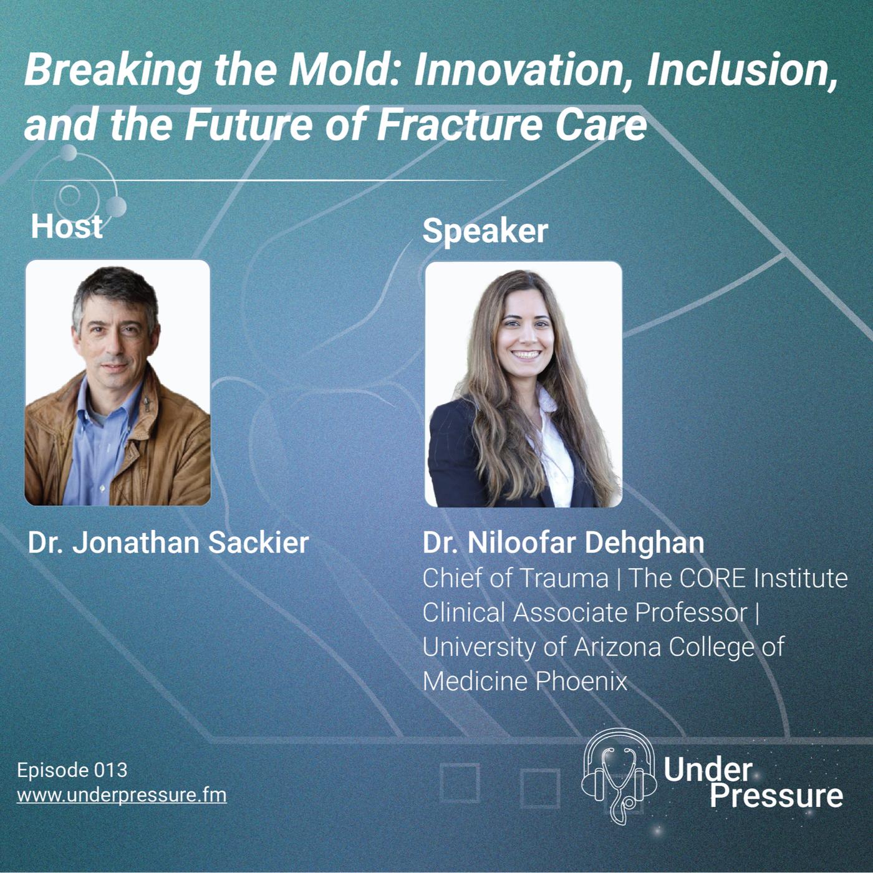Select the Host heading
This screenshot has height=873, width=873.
pos(67,226)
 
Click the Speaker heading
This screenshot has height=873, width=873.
pos(485,231)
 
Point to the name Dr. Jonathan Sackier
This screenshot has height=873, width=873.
pos(168,543)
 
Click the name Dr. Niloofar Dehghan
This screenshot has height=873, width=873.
pos(563,543)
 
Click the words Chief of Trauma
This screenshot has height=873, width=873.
pos(515,579)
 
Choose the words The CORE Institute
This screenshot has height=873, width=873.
pos(738,579)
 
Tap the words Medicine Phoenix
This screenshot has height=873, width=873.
pos(524,681)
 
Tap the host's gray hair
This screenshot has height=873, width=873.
pos(115,290)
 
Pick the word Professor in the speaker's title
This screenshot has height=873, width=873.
pos(690,613)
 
